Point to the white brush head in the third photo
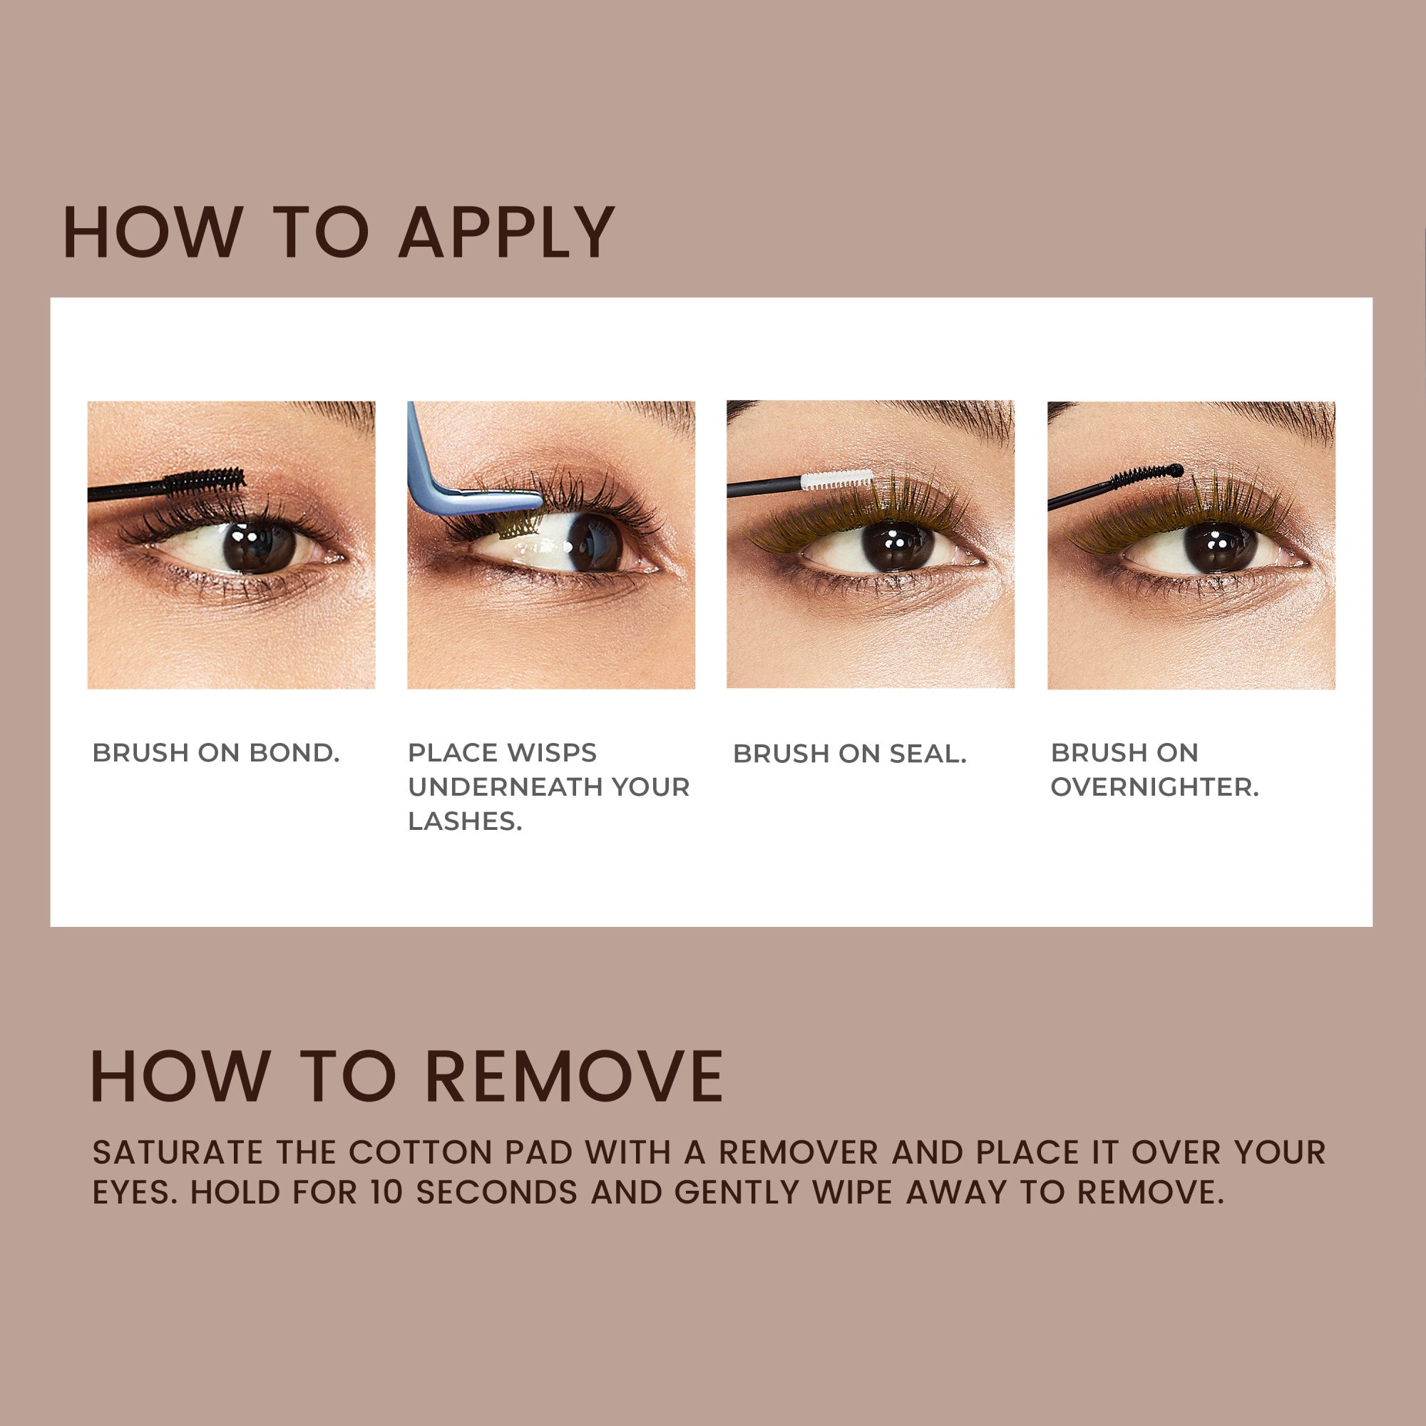pos(836,479)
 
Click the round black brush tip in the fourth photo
pos(1177,470)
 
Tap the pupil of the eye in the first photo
pos(258,547)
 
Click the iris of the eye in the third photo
pos(898,547)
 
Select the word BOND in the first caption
pos(294,753)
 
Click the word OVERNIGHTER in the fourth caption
pos(1154,787)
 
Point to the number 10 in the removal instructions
pos(386,1193)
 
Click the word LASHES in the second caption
pos(464,821)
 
